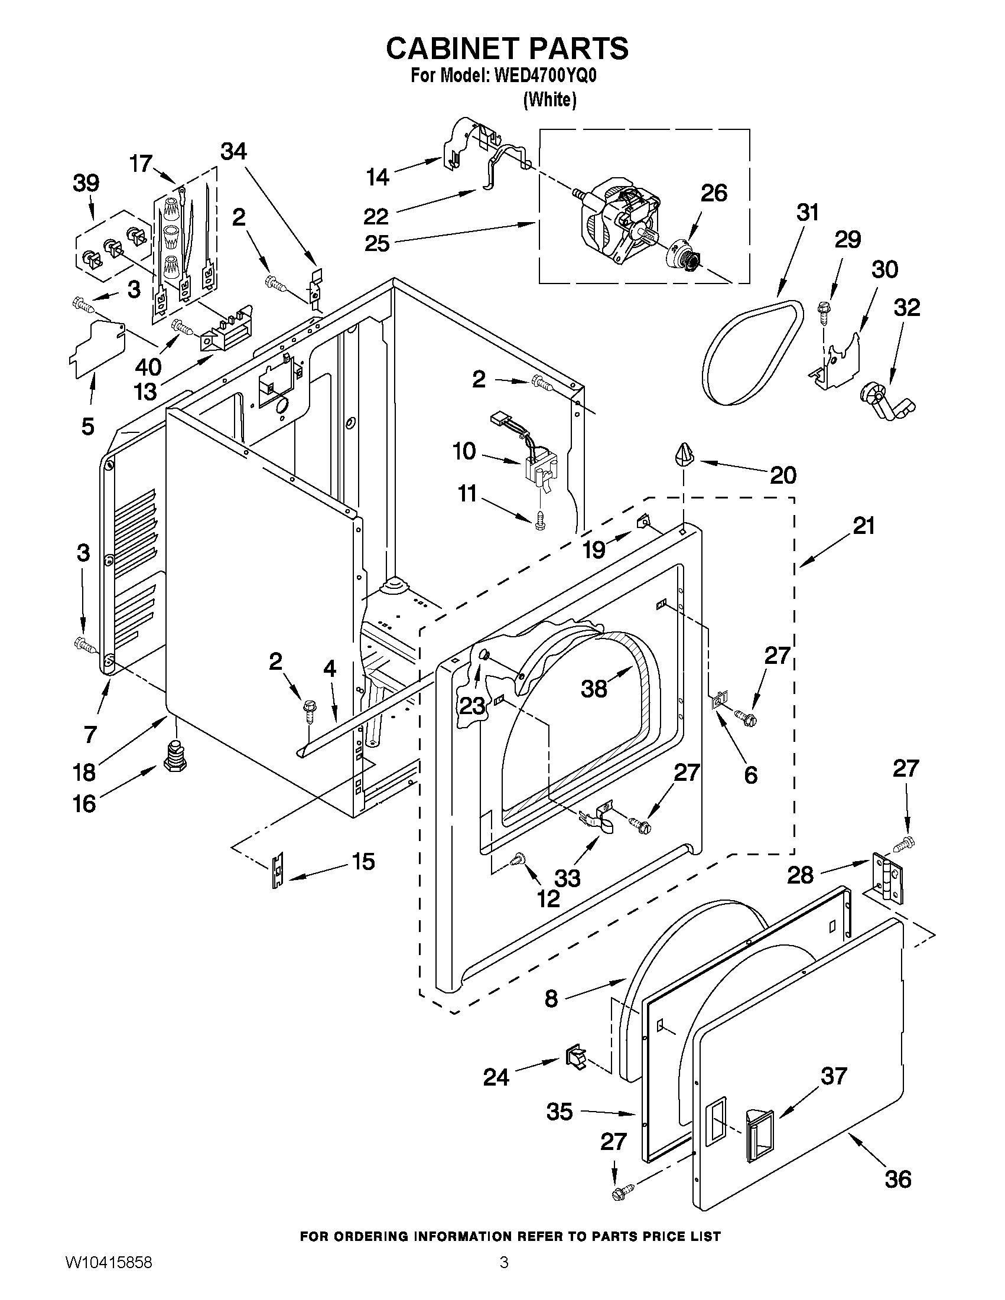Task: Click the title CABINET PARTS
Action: (x=507, y=49)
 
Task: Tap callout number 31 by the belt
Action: (x=807, y=213)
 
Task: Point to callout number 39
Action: (x=86, y=184)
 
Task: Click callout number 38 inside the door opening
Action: (x=594, y=689)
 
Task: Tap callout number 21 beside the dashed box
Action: (x=863, y=526)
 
